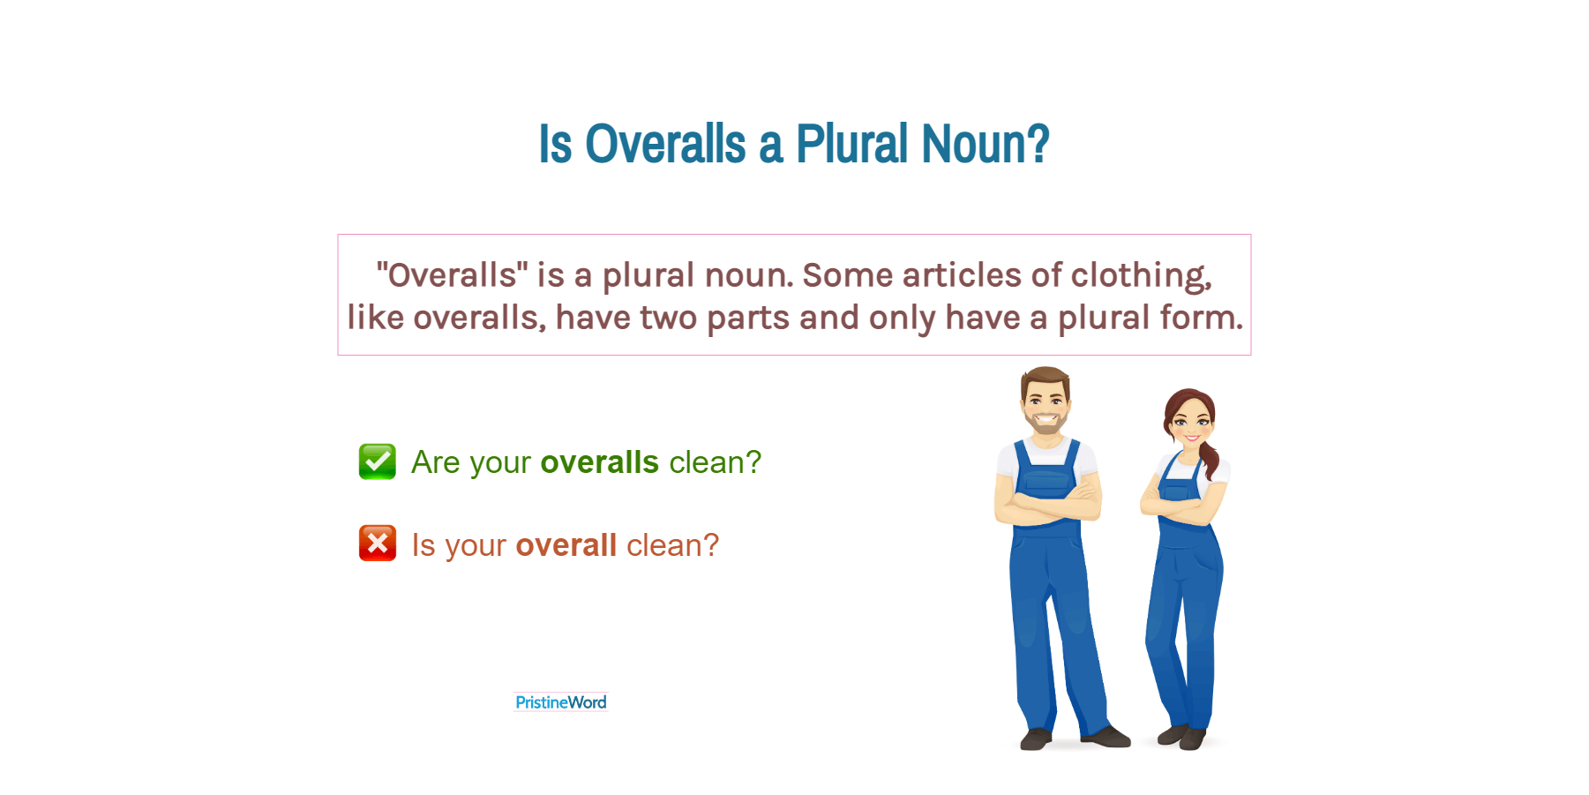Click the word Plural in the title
click(851, 144)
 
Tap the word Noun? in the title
click(986, 144)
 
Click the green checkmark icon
click(378, 461)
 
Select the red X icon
click(378, 544)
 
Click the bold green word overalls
click(600, 462)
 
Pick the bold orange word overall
click(566, 545)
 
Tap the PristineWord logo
click(561, 702)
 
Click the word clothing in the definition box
click(1141, 276)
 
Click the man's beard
click(1046, 421)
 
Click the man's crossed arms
click(1048, 505)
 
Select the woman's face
click(1191, 423)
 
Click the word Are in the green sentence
click(436, 462)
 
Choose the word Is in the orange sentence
click(423, 545)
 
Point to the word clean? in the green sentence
click(716, 462)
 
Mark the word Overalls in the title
click(666, 144)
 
